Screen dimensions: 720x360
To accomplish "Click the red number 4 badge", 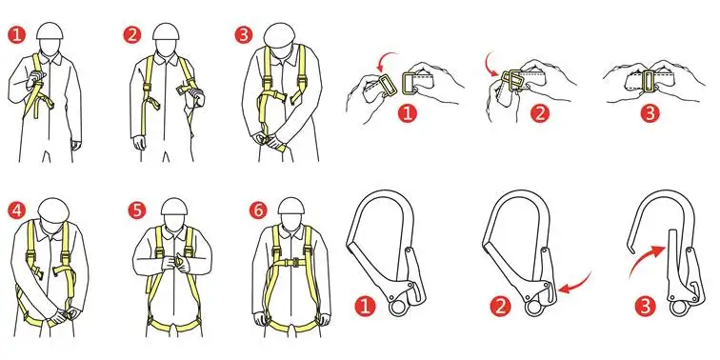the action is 17,210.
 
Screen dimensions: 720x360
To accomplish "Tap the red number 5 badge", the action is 137,210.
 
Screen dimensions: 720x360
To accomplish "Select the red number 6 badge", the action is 258,210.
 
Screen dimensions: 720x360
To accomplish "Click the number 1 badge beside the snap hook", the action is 365,307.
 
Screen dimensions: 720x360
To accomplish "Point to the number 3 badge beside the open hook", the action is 645,307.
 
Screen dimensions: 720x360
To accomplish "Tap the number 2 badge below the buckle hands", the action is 540,113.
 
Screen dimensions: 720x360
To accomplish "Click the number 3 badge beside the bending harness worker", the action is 244,35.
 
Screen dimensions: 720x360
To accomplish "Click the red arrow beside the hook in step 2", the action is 575,283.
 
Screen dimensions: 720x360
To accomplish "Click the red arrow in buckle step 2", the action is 490,65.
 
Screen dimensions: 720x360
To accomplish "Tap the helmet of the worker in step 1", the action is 50,30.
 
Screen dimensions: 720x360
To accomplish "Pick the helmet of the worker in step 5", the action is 174,207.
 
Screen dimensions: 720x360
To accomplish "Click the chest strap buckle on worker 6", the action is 291,262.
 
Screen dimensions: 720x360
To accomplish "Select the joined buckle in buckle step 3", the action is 650,82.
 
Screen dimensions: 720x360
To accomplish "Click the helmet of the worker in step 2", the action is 166,30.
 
